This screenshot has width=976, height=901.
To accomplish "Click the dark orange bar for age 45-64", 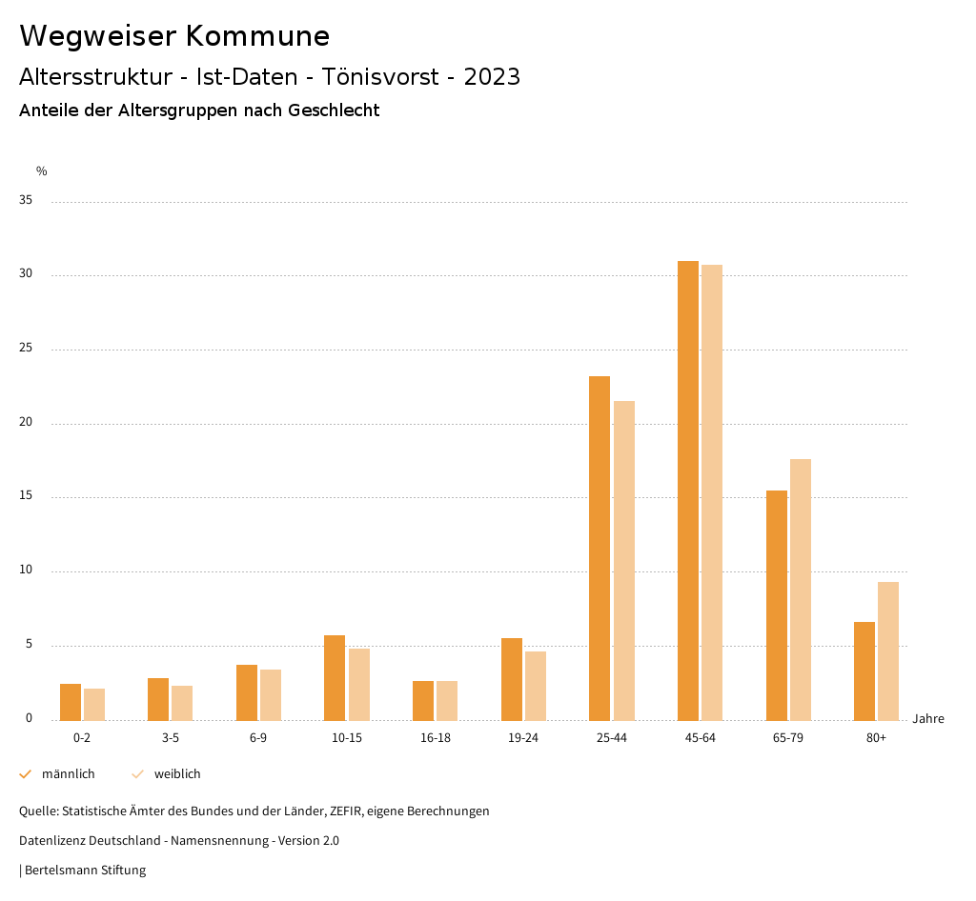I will [x=688, y=491].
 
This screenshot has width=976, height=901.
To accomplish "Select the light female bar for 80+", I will [x=888, y=651].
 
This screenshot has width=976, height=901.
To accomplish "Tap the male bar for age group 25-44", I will [x=600, y=548].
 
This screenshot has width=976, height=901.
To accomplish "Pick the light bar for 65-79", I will [x=801, y=590].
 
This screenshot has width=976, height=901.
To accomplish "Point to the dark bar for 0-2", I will [x=71, y=702].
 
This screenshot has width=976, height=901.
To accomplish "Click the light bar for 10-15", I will [x=358, y=684].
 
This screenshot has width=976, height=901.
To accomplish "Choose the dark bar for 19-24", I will [x=512, y=679].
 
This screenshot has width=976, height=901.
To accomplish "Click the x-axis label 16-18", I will [x=436, y=738].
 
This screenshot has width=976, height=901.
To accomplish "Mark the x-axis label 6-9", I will [x=258, y=738].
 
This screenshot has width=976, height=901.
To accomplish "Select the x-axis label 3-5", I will [x=171, y=738].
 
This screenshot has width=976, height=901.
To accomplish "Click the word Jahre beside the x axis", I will [x=928, y=719].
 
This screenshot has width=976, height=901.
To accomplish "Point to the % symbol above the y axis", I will [x=42, y=171].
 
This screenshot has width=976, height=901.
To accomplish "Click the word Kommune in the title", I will [x=258, y=36].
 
